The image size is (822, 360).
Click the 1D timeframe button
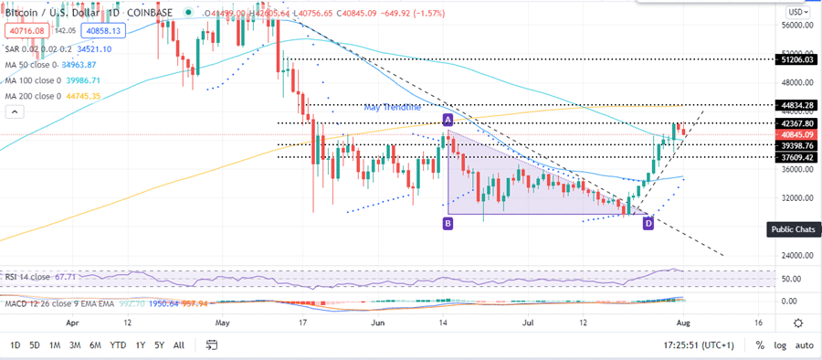(14, 345)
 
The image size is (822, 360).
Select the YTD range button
(118, 345)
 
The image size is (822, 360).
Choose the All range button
(179, 345)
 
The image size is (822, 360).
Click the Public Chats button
(792, 229)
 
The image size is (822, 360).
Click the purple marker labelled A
(448, 121)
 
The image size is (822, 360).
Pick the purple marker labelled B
(448, 223)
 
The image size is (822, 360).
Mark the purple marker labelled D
(648, 223)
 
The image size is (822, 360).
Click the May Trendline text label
(392, 107)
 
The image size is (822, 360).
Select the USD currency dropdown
(796, 12)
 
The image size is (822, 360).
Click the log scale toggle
(779, 345)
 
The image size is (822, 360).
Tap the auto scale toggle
(804, 345)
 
